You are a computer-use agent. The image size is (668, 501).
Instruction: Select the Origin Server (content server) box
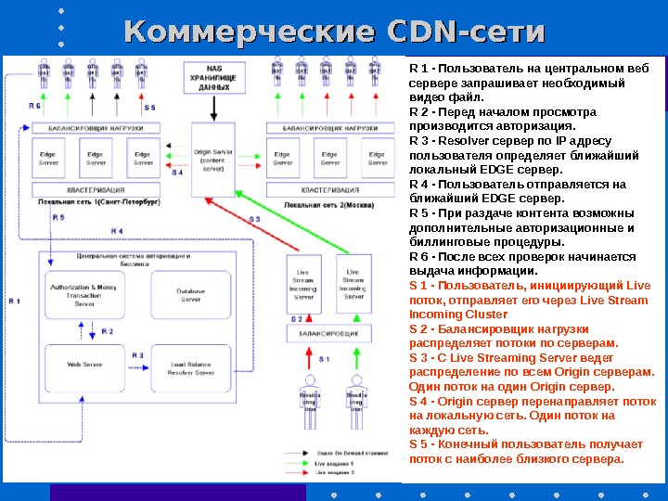coord(212,159)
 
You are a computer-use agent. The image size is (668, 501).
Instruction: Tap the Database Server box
coord(190,295)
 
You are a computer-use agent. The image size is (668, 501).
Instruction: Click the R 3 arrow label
coord(137,355)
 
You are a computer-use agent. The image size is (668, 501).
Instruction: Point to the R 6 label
coord(34,107)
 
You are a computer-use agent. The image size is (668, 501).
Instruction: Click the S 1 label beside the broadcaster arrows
coord(325,358)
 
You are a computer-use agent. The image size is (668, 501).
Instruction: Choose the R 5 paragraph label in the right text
coord(417,212)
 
